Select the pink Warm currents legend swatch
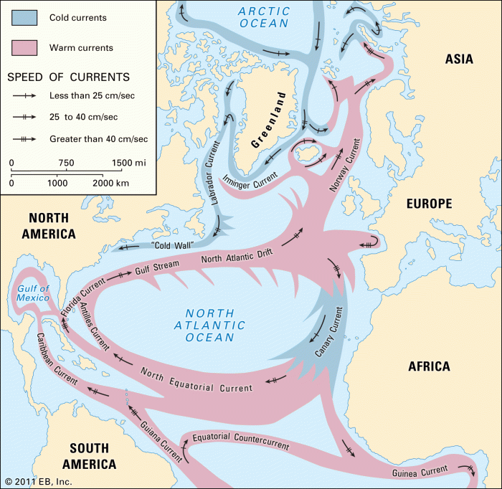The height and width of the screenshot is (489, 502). coord(26,48)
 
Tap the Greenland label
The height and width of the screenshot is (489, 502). coord(269,119)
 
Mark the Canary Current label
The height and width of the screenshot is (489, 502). coord(329,333)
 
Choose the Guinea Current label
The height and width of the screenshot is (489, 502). coord(420,472)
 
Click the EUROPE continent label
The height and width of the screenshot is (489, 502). coord(429,204)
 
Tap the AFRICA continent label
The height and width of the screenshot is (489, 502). coord(429,366)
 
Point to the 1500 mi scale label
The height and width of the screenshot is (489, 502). coord(129,163)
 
